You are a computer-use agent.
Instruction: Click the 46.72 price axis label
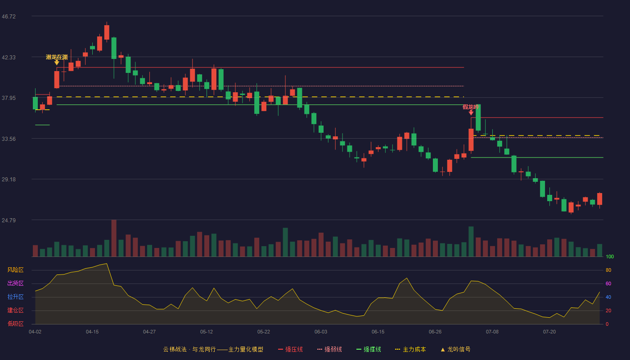click(9, 17)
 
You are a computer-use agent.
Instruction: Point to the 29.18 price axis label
click(9, 180)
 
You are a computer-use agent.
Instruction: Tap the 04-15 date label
click(92, 332)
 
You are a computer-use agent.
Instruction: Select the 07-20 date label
click(549, 332)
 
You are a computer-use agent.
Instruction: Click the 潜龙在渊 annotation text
click(57, 57)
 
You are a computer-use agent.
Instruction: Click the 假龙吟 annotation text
click(471, 107)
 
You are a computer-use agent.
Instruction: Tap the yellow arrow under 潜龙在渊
click(57, 63)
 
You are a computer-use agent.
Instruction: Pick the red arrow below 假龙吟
click(471, 112)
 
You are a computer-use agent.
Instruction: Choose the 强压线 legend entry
click(290, 349)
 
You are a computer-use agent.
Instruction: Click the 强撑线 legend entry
click(369, 349)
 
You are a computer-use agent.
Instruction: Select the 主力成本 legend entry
click(410, 349)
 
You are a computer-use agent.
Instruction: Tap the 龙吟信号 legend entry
click(455, 349)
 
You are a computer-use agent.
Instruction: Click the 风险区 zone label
click(15, 270)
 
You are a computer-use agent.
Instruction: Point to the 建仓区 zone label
click(15, 310)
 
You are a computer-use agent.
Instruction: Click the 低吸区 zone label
click(15, 324)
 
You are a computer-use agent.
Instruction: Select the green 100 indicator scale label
click(610, 256)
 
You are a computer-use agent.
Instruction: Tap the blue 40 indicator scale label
click(608, 297)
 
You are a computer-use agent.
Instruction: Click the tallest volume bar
click(114, 238)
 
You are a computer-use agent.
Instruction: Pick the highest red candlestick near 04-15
click(107, 32)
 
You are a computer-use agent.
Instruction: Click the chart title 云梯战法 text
click(175, 349)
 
